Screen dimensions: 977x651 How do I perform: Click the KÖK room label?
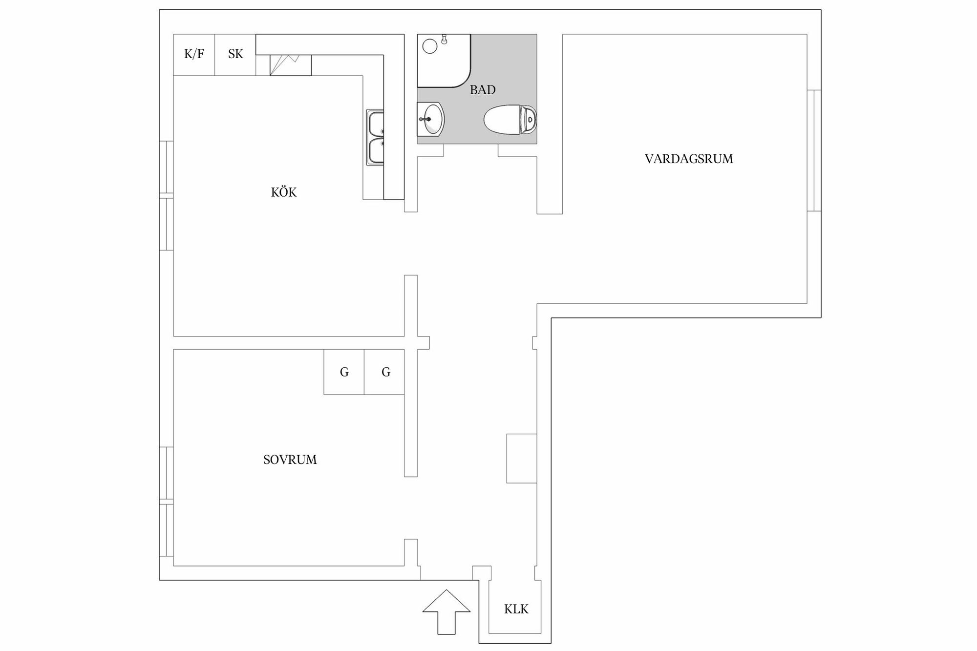(284, 192)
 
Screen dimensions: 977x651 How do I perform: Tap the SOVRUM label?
(290, 460)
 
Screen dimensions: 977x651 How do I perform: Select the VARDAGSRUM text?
(689, 159)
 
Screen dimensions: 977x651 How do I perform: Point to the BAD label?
(483, 90)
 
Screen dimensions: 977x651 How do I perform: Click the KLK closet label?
(516, 609)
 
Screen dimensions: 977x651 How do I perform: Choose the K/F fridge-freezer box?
(194, 55)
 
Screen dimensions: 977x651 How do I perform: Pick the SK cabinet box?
(235, 55)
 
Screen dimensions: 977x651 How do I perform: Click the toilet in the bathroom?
(510, 119)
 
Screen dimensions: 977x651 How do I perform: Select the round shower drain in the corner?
(430, 46)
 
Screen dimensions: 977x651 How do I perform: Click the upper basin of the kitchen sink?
(376, 124)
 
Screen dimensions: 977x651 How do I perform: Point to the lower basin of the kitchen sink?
(376, 150)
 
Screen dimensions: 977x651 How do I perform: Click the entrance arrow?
(446, 612)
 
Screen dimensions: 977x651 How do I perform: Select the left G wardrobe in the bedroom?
(344, 372)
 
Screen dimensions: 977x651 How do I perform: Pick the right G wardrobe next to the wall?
(384, 372)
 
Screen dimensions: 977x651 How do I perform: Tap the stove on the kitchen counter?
(291, 65)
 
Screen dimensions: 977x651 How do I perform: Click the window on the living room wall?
(814, 150)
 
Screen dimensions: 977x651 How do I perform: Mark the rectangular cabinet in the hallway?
(522, 459)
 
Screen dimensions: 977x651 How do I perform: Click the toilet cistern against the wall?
(530, 119)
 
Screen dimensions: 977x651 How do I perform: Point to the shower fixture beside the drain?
(444, 39)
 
